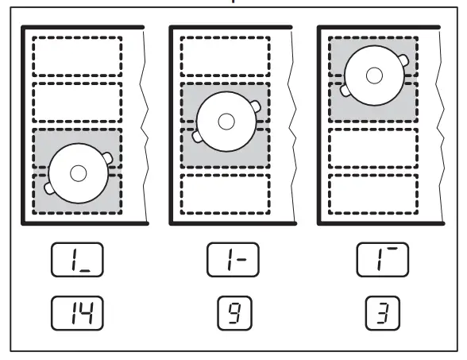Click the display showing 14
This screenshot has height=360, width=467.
coord(77,313)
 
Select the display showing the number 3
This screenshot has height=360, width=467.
coord(374,313)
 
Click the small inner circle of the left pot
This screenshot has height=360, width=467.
coord(78,172)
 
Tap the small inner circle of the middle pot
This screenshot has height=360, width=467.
coord(226,122)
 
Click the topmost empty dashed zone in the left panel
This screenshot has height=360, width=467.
coord(77,55)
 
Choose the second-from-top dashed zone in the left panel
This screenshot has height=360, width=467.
coord(77,101)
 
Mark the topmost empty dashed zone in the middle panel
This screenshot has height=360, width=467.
coord(226,55)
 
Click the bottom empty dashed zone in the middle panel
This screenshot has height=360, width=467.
coord(226,192)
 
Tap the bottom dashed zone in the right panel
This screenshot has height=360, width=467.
coord(374,192)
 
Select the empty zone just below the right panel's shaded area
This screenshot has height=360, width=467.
coord(374,146)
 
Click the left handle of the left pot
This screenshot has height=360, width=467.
coord(49,188)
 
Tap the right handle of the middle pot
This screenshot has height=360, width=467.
coord(257,106)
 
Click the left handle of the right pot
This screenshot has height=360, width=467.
coord(345,90)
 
